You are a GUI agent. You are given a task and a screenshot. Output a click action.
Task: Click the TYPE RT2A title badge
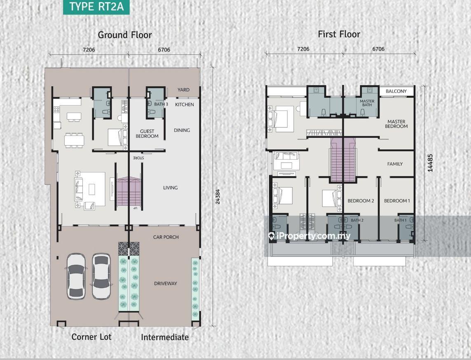tap(96, 7)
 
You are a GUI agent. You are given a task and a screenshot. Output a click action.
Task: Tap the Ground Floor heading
tap(125, 35)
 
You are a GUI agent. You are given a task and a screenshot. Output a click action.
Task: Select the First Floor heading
tap(339, 34)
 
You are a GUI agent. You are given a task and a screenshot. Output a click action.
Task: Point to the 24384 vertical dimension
tap(218, 197)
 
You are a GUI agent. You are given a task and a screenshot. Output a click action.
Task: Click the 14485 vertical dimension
tap(430, 163)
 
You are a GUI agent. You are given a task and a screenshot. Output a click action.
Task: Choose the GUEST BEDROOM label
tap(147, 134)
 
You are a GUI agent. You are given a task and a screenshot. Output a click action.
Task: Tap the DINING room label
tap(182, 130)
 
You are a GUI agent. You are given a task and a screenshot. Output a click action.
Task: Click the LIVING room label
tap(170, 188)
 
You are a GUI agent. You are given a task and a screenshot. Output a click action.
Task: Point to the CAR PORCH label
tap(166, 237)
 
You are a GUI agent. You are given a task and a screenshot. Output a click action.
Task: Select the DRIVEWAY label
tap(166, 283)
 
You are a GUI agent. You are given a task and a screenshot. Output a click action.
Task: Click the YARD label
tap(183, 90)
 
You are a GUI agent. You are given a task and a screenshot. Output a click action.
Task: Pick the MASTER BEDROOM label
tap(396, 124)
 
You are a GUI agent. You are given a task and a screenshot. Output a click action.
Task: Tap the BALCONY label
tap(396, 91)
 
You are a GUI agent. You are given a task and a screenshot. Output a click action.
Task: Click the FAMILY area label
tap(395, 164)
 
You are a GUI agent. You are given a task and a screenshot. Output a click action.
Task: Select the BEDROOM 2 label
tap(361, 201)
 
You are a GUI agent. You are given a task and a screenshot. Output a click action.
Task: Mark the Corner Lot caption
tap(91, 337)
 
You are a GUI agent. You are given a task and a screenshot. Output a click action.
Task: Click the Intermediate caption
tap(165, 337)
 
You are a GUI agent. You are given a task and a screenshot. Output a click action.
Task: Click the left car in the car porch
tap(76, 276)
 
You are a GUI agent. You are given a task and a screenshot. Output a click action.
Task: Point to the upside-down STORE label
tap(138, 158)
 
